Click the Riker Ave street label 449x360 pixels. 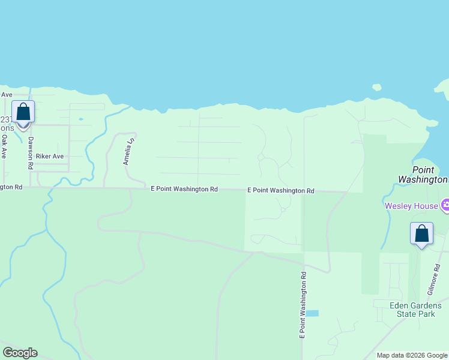click(49, 156)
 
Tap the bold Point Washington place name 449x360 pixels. click(423, 175)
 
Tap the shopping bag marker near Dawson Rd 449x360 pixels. click(23, 112)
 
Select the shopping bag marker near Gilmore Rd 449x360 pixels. click(421, 233)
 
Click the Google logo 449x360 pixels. click(20, 353)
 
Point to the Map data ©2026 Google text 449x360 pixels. click(412, 355)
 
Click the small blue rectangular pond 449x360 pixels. click(312, 313)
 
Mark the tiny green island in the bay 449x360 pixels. click(376, 88)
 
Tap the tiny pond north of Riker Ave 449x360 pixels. click(80, 119)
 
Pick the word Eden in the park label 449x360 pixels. click(399, 305)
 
